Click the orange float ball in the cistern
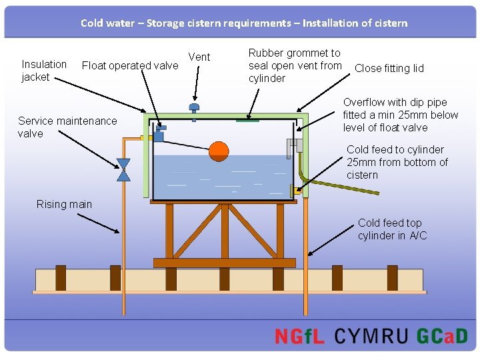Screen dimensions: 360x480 click(219, 151)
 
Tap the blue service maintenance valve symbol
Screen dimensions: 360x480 click(123, 170)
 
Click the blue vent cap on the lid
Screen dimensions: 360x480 click(194, 108)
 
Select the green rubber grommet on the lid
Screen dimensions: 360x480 click(247, 121)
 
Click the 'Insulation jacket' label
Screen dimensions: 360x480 click(44, 71)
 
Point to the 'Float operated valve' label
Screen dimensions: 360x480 click(130, 65)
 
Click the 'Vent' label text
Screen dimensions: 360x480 click(199, 57)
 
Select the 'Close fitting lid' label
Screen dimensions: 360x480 click(389, 68)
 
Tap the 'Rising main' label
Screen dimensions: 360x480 click(64, 204)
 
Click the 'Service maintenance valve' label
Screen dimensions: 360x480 click(67, 127)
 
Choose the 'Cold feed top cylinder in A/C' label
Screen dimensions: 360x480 click(392, 229)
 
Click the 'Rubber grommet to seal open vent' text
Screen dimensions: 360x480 click(295, 65)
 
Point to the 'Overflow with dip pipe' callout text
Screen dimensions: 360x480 click(400, 115)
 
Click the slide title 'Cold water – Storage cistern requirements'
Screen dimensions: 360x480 click(244, 23)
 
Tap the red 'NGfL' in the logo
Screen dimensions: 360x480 click(299, 336)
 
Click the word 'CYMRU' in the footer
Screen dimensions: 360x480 click(371, 336)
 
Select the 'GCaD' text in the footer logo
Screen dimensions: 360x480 click(442, 336)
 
